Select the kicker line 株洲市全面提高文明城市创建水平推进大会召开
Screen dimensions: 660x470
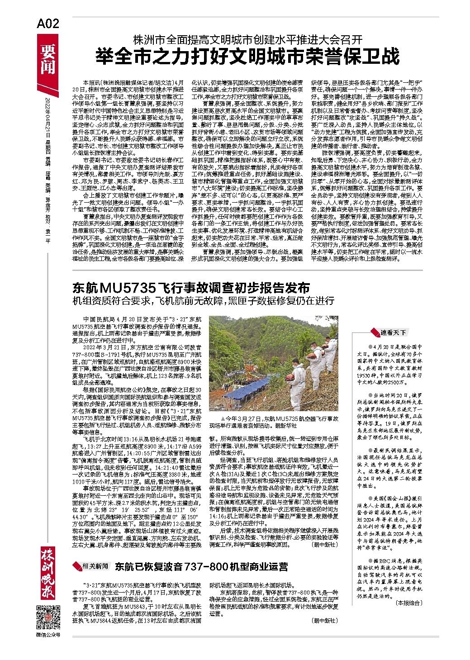(247, 39)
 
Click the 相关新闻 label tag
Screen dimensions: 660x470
(95, 566)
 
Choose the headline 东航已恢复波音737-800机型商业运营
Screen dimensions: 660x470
(201, 566)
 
